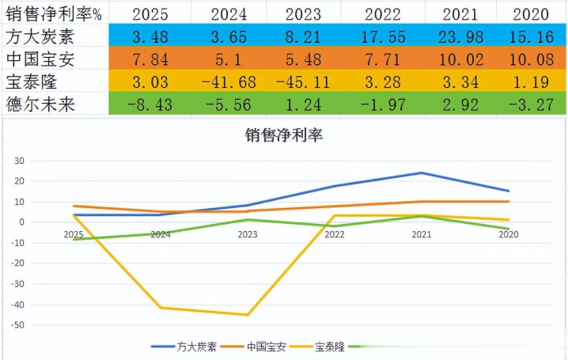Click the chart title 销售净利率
click(x=284, y=135)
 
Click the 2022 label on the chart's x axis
click(x=334, y=234)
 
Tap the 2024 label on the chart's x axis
click(x=161, y=234)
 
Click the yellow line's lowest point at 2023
click(x=248, y=315)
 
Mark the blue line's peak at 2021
click(x=421, y=172)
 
